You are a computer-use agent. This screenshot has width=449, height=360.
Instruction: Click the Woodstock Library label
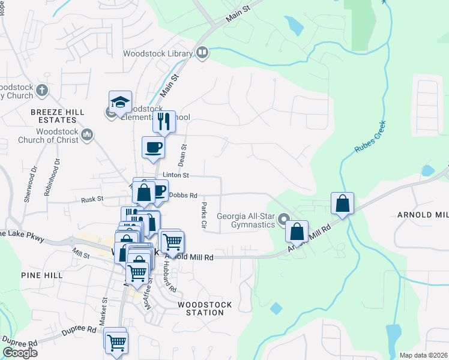point(158,53)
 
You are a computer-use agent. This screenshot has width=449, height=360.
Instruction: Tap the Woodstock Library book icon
point(202,53)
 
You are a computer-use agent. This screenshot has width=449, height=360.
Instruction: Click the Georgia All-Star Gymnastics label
point(246,221)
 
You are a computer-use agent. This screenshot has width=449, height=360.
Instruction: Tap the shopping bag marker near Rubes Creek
point(342,204)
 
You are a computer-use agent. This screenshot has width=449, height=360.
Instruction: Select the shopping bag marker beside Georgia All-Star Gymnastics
point(297,232)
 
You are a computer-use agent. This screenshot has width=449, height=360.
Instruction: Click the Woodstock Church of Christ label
point(58,136)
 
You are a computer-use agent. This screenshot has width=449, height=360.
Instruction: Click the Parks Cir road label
point(203,215)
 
